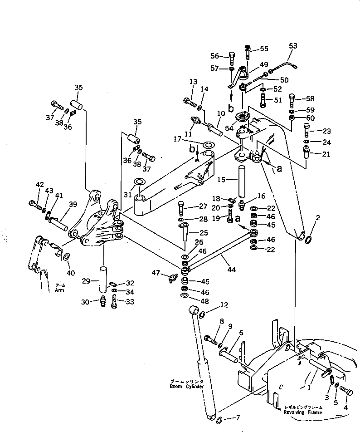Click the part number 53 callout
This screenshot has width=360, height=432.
pos(293,45)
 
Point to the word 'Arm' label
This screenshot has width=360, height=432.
pos(59,290)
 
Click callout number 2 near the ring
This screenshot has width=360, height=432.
pos(318,218)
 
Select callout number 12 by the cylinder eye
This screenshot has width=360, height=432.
pos(211,304)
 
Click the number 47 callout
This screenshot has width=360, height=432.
pos(156,272)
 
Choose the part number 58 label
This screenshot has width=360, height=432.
pos(310,99)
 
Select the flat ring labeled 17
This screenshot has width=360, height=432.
pos(209,145)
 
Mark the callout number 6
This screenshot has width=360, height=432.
pos(241,333)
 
